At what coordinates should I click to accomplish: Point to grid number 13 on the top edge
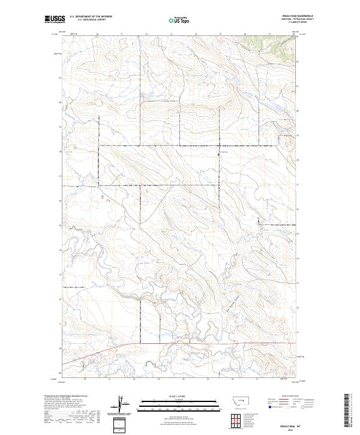pos(170,34)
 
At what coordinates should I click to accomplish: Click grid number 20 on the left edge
pos(60,103)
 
